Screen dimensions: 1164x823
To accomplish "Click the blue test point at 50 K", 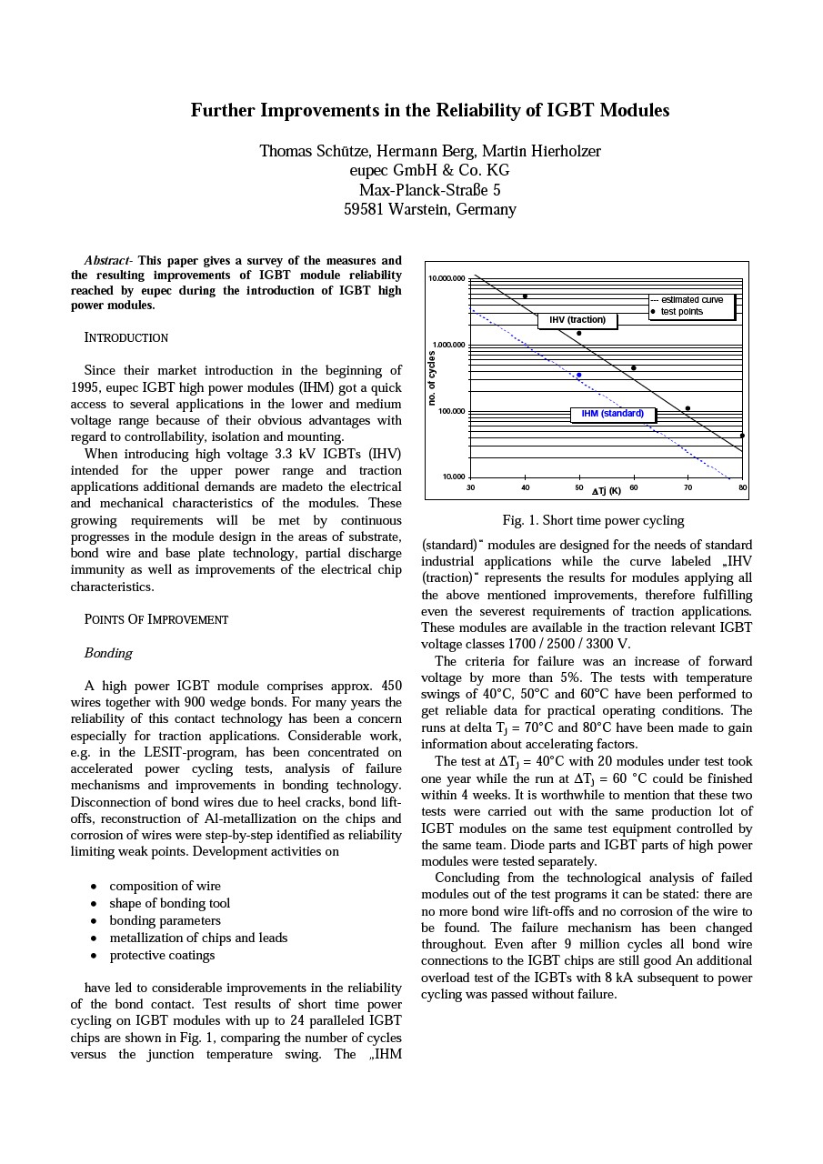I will click(x=579, y=375).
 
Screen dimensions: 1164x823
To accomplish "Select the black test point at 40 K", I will click(x=525, y=296).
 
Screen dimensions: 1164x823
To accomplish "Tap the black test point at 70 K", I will click(x=688, y=409).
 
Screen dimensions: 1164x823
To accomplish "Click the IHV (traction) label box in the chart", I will click(x=577, y=320).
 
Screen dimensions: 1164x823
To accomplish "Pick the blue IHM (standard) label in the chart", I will click(x=613, y=414).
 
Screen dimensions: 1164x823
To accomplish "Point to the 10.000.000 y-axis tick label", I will click(x=447, y=278).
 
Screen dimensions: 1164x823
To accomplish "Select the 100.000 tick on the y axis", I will click(x=451, y=411).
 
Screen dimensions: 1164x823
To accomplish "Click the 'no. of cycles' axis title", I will click(x=433, y=378).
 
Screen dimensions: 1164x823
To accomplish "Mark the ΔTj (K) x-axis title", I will click(x=607, y=491).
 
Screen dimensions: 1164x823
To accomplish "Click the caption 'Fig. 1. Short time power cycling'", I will click(x=593, y=520).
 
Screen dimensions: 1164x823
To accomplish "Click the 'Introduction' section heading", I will click(x=126, y=337).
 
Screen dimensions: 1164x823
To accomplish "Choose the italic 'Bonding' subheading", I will click(x=108, y=653).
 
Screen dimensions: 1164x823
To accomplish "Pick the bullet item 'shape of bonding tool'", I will click(x=169, y=903).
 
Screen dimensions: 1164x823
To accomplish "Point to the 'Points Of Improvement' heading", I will click(x=156, y=619).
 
